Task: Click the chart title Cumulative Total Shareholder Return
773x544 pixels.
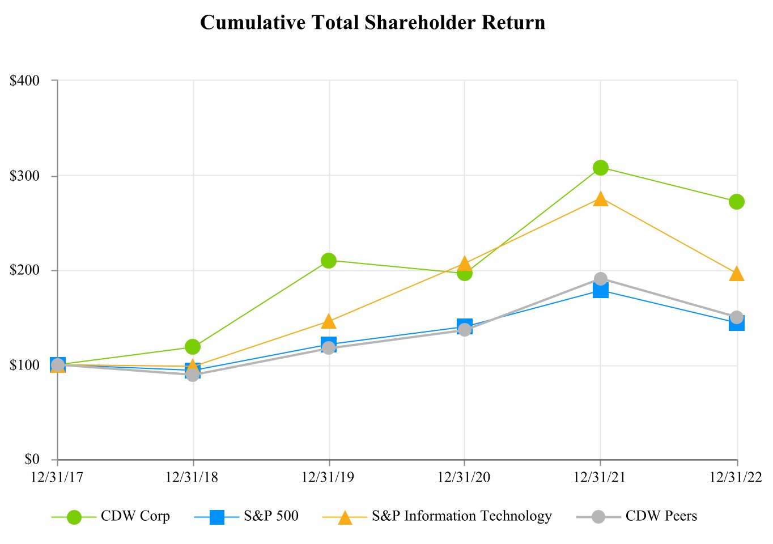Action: coord(372,23)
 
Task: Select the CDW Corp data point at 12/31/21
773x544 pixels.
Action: coord(601,168)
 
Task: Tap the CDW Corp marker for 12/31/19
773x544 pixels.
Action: coord(329,261)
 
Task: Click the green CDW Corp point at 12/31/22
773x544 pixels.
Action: coord(737,202)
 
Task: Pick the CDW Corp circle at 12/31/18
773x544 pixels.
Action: coord(193,346)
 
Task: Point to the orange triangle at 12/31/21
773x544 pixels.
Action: coord(601,199)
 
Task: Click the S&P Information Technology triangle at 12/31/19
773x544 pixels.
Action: coord(329,322)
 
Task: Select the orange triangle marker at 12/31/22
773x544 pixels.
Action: coord(737,274)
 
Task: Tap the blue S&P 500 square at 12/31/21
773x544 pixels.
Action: coord(601,291)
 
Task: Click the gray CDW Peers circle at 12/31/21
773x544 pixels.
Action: coord(601,279)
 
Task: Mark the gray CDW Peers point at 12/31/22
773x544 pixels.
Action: coord(737,317)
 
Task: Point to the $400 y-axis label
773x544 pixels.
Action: coord(26,80)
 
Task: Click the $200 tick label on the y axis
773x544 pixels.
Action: coord(26,270)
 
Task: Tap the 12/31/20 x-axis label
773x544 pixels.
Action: coord(464,478)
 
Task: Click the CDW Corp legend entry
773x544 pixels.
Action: coord(135,516)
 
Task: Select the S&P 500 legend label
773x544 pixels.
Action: coord(271,516)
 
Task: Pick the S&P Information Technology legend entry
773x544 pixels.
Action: coord(461,516)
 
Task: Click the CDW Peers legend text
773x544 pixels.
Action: coord(661,516)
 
